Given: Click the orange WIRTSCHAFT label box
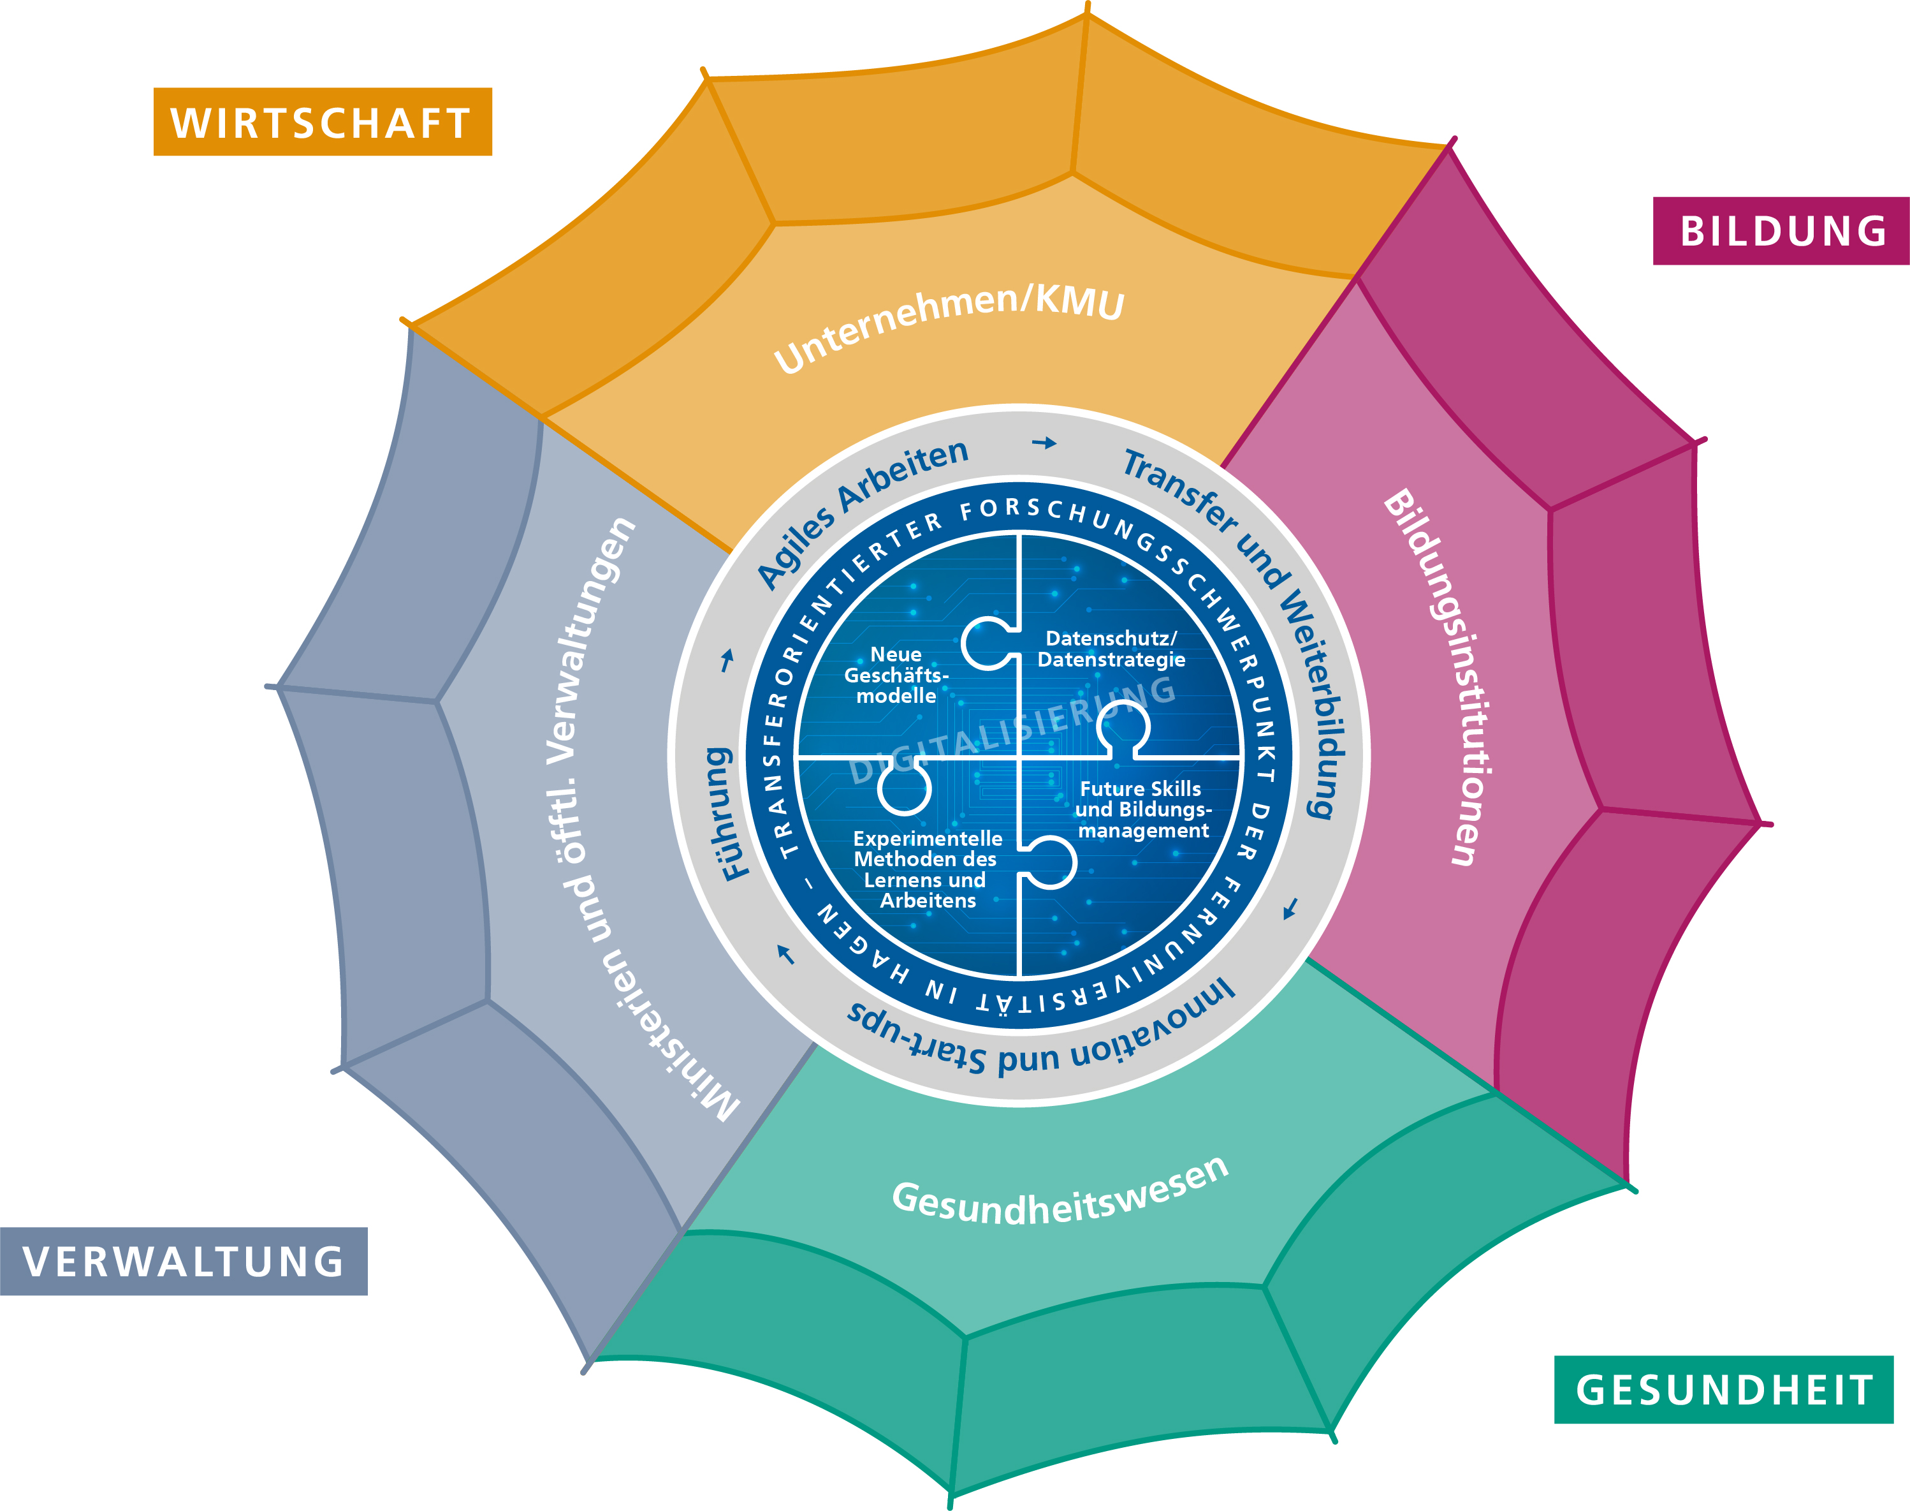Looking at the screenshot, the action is pyautogui.click(x=323, y=122).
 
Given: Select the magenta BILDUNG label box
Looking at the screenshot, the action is pyautogui.click(x=1781, y=231).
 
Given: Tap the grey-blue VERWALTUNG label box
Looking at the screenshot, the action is pyautogui.click(x=184, y=1262).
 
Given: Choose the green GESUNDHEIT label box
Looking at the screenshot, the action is pyautogui.click(x=1723, y=1390).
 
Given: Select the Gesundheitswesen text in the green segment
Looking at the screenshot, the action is pyautogui.click(x=1060, y=1193).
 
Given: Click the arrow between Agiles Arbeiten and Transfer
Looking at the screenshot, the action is pyautogui.click(x=1044, y=443).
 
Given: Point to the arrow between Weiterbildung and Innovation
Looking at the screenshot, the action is pyautogui.click(x=1291, y=908).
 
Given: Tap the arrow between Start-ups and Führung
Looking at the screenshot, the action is pyautogui.click(x=785, y=955).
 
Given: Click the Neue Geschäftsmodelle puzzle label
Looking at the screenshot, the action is pyautogui.click(x=896, y=675).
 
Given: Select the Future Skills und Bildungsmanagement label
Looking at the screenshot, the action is pyautogui.click(x=1142, y=809).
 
